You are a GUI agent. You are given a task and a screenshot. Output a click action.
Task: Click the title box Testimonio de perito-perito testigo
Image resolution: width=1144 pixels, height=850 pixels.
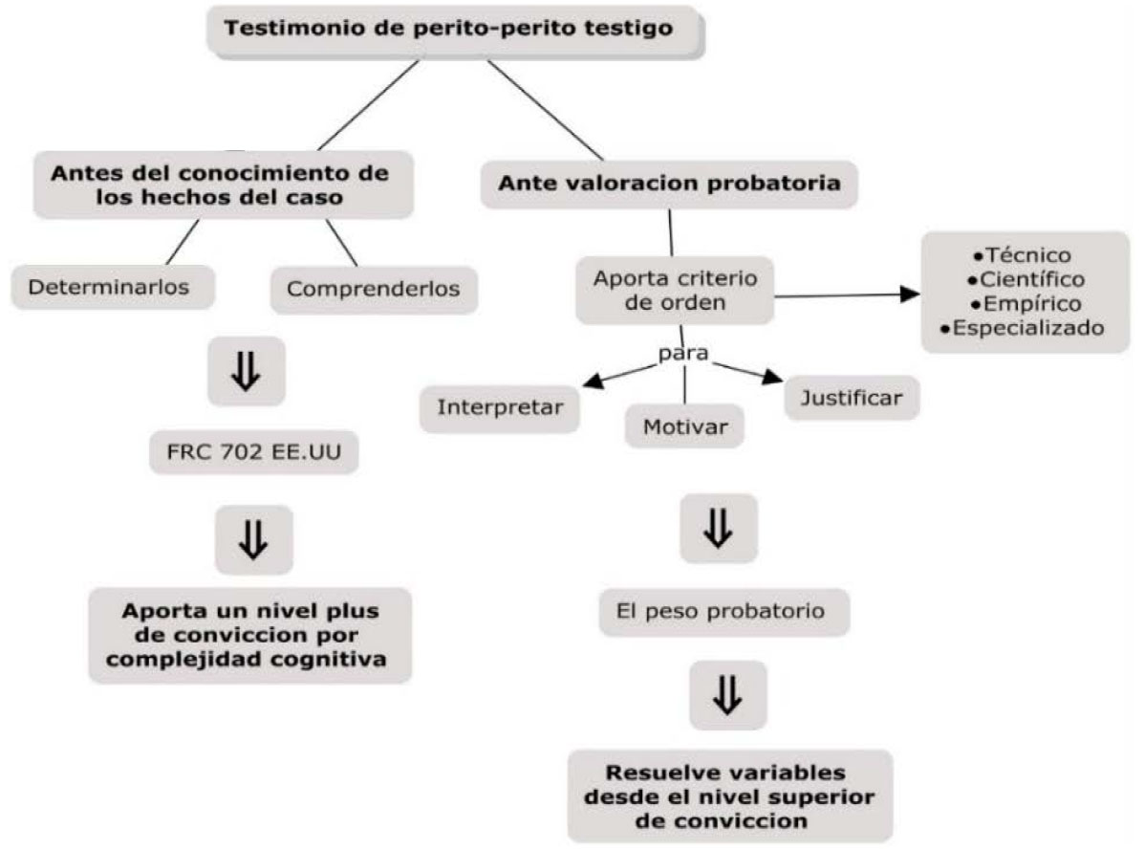point(455,32)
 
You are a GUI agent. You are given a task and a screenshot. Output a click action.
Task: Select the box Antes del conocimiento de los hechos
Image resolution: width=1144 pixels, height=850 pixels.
point(224,185)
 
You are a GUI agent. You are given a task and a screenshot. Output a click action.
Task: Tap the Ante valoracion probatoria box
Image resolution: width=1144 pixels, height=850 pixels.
point(669,185)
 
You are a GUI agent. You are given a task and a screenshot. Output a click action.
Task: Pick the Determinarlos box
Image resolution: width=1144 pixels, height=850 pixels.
point(113,287)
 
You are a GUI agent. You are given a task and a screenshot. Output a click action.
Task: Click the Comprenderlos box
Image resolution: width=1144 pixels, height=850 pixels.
point(374,290)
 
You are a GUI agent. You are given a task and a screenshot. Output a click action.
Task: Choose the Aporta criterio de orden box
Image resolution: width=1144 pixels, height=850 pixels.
point(675,291)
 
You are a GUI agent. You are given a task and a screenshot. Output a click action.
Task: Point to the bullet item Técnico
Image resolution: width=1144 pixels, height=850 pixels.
point(1023,255)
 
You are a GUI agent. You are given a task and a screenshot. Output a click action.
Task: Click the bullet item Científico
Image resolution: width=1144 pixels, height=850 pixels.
point(1025,279)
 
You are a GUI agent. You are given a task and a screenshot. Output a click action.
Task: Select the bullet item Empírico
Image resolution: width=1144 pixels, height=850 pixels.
point(1025,303)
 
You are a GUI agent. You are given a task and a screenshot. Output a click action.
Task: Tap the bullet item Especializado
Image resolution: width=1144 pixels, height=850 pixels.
point(1023,328)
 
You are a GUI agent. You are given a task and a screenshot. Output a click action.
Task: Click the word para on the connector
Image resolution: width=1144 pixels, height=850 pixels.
point(683,354)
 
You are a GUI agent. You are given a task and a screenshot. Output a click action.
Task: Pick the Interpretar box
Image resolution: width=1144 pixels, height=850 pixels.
point(500,408)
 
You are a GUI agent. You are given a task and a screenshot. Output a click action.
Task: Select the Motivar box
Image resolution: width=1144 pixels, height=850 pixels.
point(684,426)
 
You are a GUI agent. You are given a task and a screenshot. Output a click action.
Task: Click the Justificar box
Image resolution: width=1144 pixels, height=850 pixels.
point(852,399)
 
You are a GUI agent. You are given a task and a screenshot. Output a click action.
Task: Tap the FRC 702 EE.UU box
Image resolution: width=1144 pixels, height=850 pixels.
point(254,452)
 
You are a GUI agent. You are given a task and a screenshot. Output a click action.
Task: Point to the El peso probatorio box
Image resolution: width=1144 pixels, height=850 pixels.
point(723,611)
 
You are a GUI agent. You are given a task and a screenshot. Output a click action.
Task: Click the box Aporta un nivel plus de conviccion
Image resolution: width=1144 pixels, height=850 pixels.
point(250,635)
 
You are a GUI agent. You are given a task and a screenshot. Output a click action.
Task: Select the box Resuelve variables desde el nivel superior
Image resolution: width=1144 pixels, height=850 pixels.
point(730,796)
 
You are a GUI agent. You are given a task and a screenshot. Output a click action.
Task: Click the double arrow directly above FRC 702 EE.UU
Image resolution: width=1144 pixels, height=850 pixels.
point(246,371)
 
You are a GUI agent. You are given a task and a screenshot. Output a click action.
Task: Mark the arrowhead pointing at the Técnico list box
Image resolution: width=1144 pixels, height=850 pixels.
point(910,294)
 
